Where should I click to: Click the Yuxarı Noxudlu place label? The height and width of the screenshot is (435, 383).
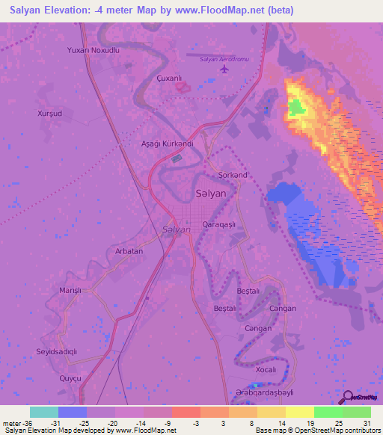pos(94,50)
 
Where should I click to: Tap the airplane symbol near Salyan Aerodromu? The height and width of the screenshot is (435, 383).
pos(224,70)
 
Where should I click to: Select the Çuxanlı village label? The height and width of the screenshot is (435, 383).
pos(169,78)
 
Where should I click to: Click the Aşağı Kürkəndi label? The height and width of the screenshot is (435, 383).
pos(168,143)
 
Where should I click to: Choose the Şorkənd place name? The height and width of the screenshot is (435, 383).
pos(233,175)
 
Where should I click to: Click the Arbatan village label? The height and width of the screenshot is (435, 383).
pos(129,251)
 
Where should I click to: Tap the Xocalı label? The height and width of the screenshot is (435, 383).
pos(266,370)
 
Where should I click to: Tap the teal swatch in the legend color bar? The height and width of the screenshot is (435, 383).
pos(44,412)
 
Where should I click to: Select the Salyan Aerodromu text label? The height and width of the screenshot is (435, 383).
pos(224,58)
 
